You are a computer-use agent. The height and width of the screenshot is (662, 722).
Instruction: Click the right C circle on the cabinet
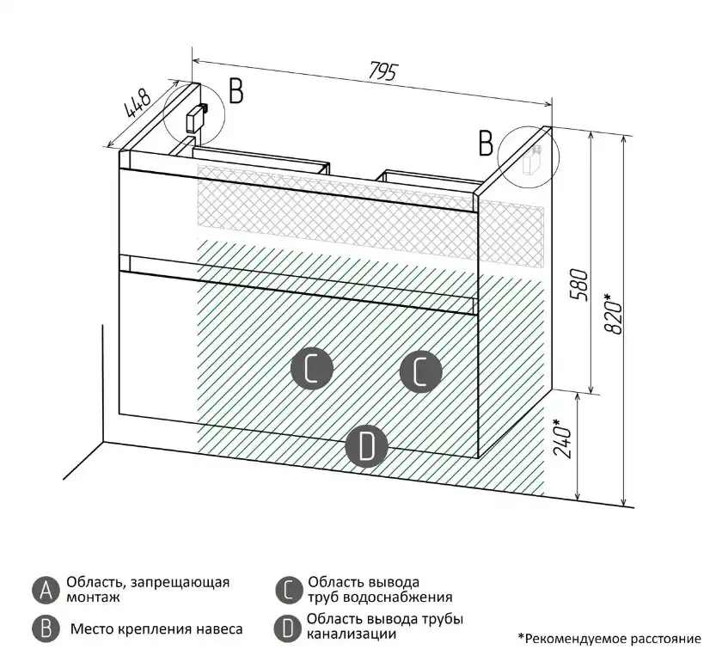421,372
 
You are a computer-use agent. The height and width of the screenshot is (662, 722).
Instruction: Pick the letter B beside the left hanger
236,90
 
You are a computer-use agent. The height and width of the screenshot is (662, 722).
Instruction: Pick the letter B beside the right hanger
486,144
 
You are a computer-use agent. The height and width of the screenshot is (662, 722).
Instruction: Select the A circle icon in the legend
45,589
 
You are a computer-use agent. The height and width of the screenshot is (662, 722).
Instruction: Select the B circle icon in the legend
45,628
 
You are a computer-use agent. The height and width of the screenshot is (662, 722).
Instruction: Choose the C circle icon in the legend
288,589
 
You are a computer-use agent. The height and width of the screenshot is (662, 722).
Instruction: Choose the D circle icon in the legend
288,628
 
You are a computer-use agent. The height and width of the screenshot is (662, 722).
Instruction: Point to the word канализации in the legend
351,634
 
